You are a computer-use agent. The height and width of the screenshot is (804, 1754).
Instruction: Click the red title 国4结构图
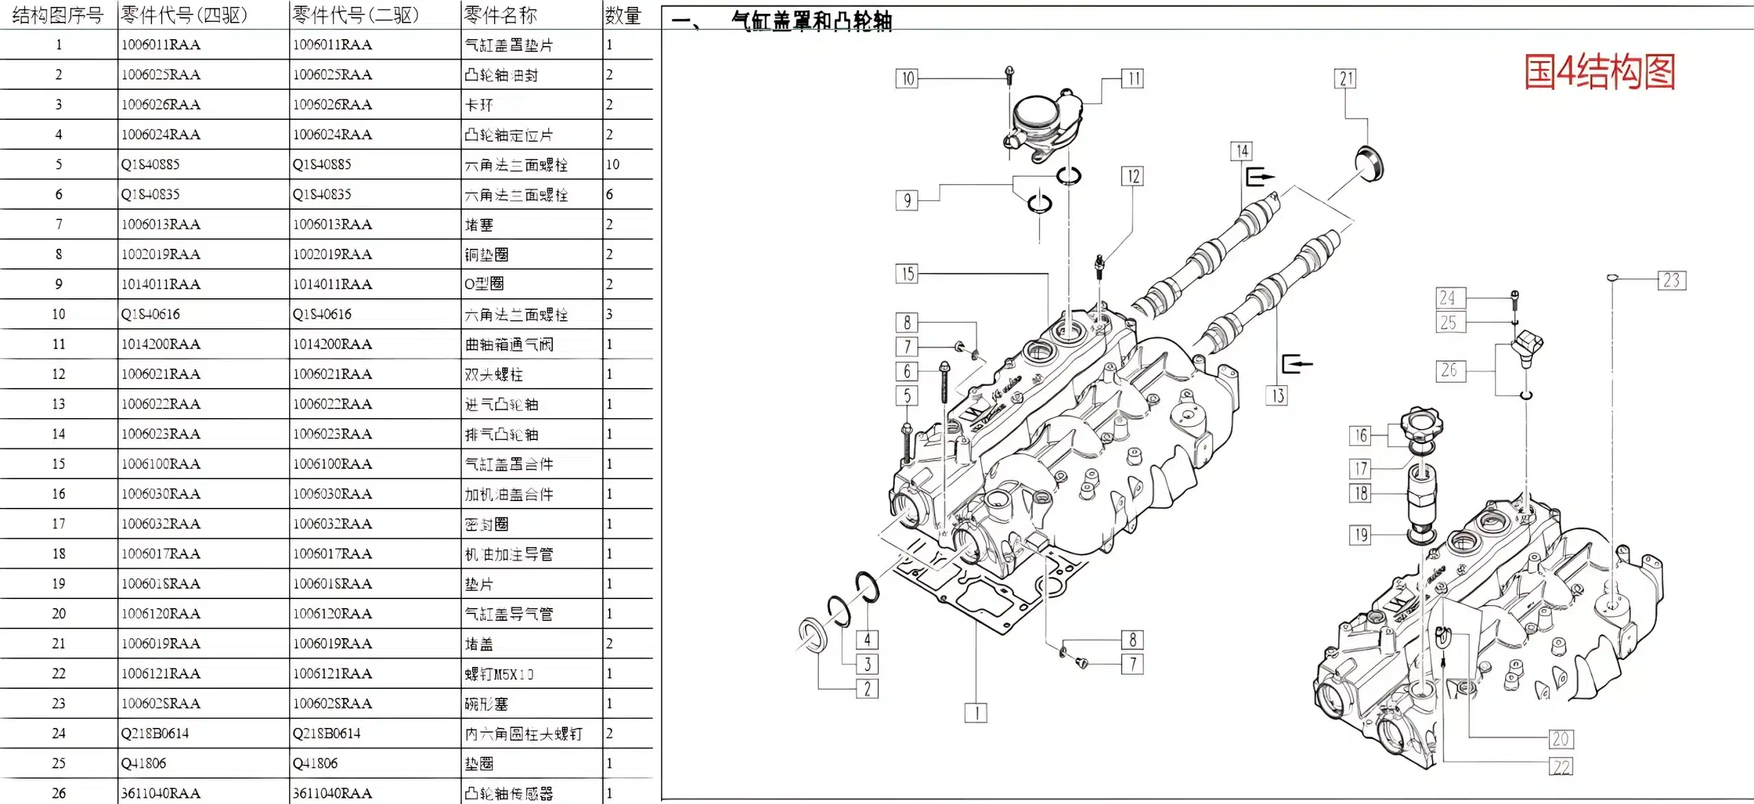click(1599, 73)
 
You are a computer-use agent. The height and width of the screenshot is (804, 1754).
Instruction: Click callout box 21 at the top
click(1346, 79)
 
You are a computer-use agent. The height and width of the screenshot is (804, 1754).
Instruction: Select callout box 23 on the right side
click(1671, 280)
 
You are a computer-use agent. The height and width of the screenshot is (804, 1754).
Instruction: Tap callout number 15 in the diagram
click(907, 274)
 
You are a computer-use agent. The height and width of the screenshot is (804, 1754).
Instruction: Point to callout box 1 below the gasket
click(976, 713)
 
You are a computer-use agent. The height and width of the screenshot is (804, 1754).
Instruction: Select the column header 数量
click(623, 15)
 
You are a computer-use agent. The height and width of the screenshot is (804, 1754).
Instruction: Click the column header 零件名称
click(501, 15)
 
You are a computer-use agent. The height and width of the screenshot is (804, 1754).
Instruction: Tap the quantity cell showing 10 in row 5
click(613, 165)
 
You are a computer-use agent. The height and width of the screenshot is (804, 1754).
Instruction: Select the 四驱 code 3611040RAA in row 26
click(161, 793)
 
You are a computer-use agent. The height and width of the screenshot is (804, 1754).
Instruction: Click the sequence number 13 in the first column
click(58, 404)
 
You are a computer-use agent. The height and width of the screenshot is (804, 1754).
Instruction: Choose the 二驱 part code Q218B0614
click(327, 733)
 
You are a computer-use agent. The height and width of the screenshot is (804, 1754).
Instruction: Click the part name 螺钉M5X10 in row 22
click(499, 674)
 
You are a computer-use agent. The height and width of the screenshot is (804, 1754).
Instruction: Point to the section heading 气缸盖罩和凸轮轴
click(811, 21)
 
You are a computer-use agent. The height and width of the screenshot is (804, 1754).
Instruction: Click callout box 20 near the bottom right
click(1561, 739)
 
